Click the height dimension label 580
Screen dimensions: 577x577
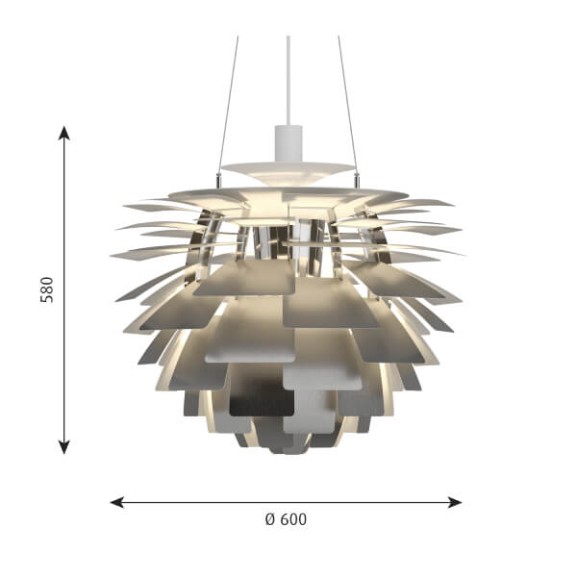tap(47, 289)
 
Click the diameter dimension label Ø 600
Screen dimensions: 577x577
tap(286, 519)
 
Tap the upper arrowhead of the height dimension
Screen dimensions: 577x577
tap(64, 133)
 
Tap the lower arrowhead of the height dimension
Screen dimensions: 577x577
tap(64, 447)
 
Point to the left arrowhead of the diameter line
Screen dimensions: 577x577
tap(117, 502)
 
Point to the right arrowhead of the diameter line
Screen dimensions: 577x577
tap(455, 502)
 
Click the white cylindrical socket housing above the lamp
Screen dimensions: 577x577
tap(288, 143)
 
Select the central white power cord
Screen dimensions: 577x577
tap(288, 80)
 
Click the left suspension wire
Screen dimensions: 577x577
tap(228, 105)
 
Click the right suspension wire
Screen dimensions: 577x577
tap(347, 105)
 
